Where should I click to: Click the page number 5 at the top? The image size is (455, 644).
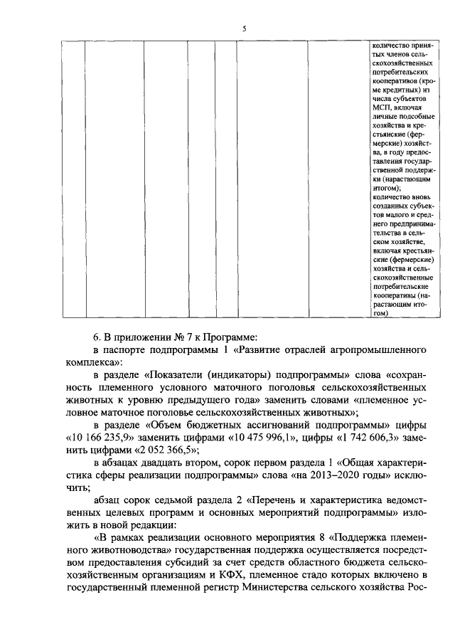[x=244, y=28]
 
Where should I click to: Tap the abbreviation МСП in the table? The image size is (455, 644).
[x=380, y=107]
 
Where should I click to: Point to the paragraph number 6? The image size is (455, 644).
[x=97, y=335]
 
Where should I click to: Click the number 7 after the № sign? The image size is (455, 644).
[x=178, y=335]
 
